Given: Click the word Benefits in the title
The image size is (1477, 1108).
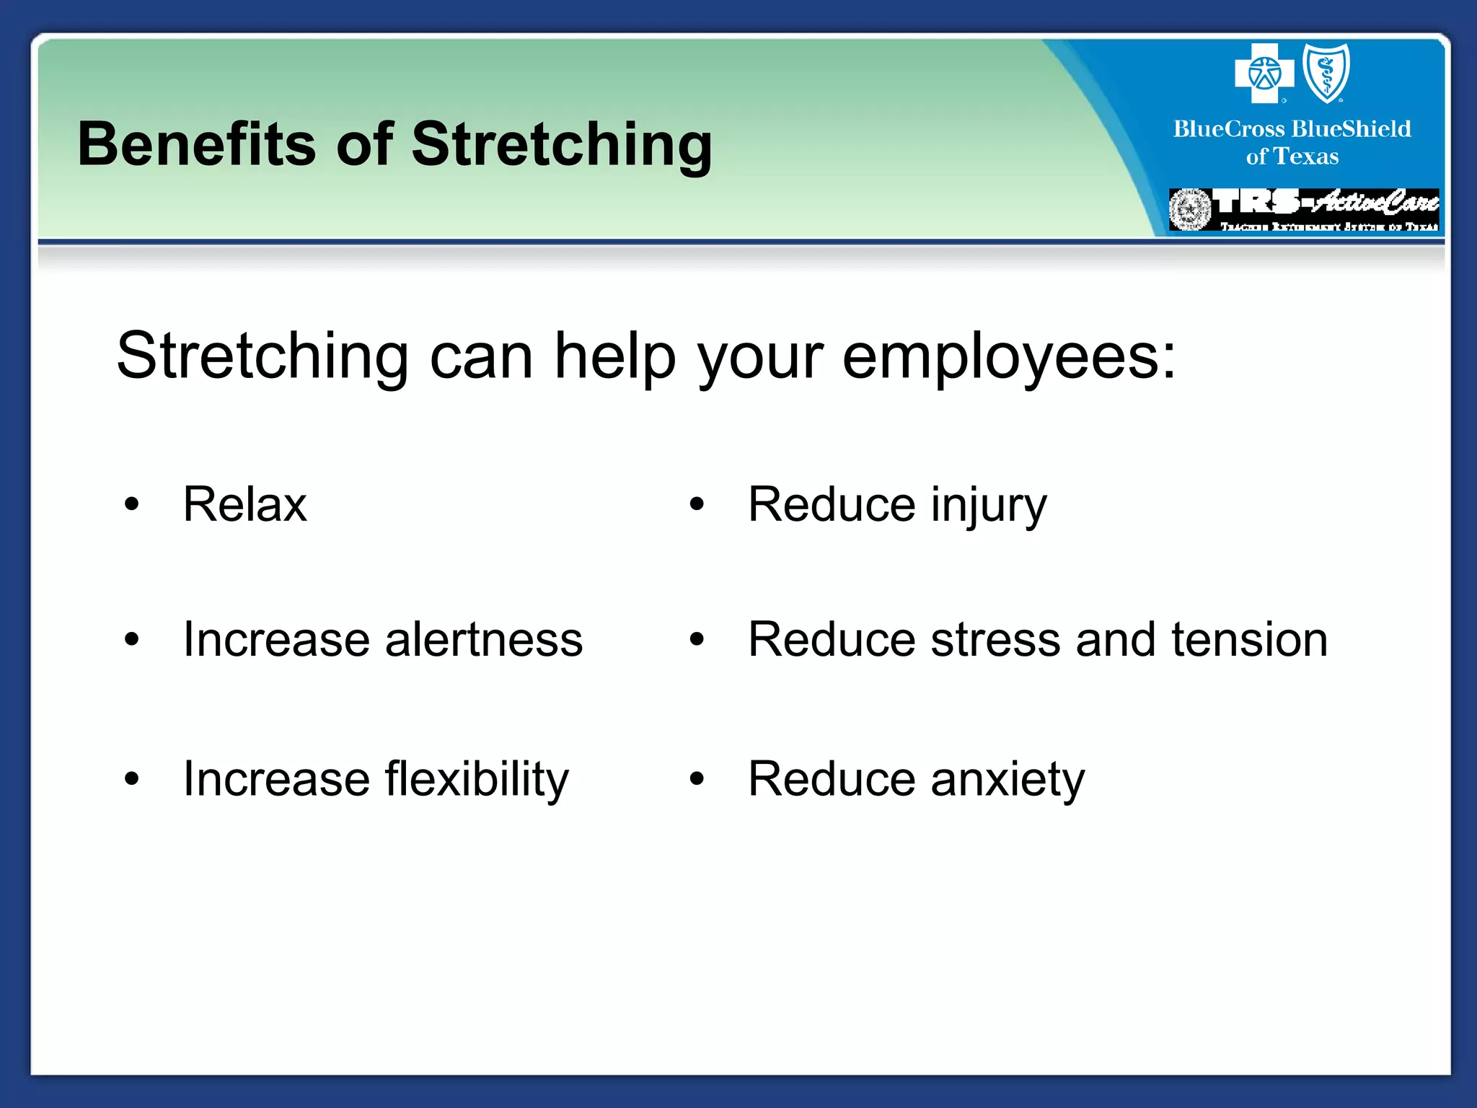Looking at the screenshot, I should [196, 144].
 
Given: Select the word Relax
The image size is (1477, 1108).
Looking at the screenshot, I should [244, 504].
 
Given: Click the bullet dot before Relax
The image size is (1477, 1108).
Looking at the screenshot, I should [131, 505].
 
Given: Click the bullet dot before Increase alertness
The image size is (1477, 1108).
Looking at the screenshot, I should [131, 639].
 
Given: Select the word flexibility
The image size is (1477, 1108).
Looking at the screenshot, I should [477, 779].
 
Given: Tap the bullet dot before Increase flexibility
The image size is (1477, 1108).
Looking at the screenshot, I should [131, 779].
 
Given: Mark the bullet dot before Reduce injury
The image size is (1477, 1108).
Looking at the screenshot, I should [696, 505].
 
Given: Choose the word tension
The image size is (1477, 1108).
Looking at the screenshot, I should [1249, 639].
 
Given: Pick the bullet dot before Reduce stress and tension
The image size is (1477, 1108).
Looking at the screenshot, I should [696, 639].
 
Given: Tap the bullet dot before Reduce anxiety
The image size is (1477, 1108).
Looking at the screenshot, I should [696, 779].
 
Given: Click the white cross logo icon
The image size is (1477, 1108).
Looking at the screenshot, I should [1264, 73].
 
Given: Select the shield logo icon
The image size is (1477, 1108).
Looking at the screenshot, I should [1326, 73].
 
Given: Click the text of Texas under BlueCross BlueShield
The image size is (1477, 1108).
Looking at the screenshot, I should [1292, 157].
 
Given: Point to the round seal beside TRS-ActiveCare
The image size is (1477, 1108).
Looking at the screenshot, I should [1190, 210].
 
